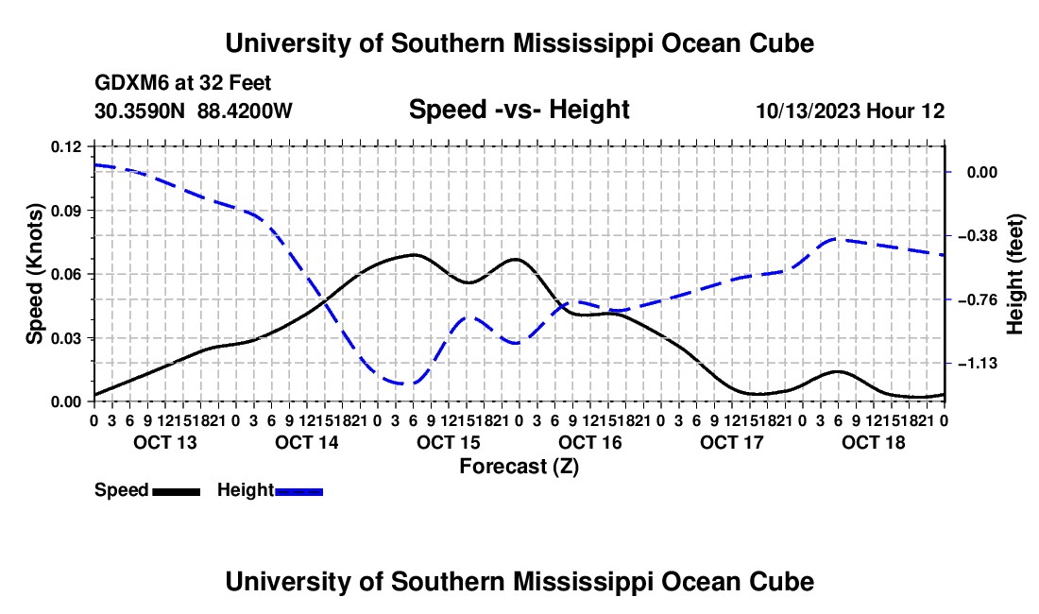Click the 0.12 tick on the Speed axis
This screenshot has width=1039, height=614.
point(66,146)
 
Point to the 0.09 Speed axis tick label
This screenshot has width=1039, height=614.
point(66,211)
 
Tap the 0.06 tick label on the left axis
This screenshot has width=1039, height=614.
point(66,274)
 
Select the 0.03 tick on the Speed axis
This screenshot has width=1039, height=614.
point(66,338)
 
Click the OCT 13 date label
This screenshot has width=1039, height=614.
point(165,442)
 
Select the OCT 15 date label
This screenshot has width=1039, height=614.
point(448,442)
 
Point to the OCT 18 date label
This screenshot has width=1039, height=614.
point(874,442)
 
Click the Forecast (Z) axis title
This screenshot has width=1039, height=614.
point(519,467)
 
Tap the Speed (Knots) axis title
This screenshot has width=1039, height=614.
point(34,274)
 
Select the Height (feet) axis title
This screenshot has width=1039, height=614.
point(1014,274)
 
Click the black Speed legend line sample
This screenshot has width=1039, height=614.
point(177,492)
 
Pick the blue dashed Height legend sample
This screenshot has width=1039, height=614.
point(298,492)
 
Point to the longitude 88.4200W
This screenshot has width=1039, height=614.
point(245,111)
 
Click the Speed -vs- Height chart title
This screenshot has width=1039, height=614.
point(519,110)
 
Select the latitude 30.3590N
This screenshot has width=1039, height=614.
point(140,111)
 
